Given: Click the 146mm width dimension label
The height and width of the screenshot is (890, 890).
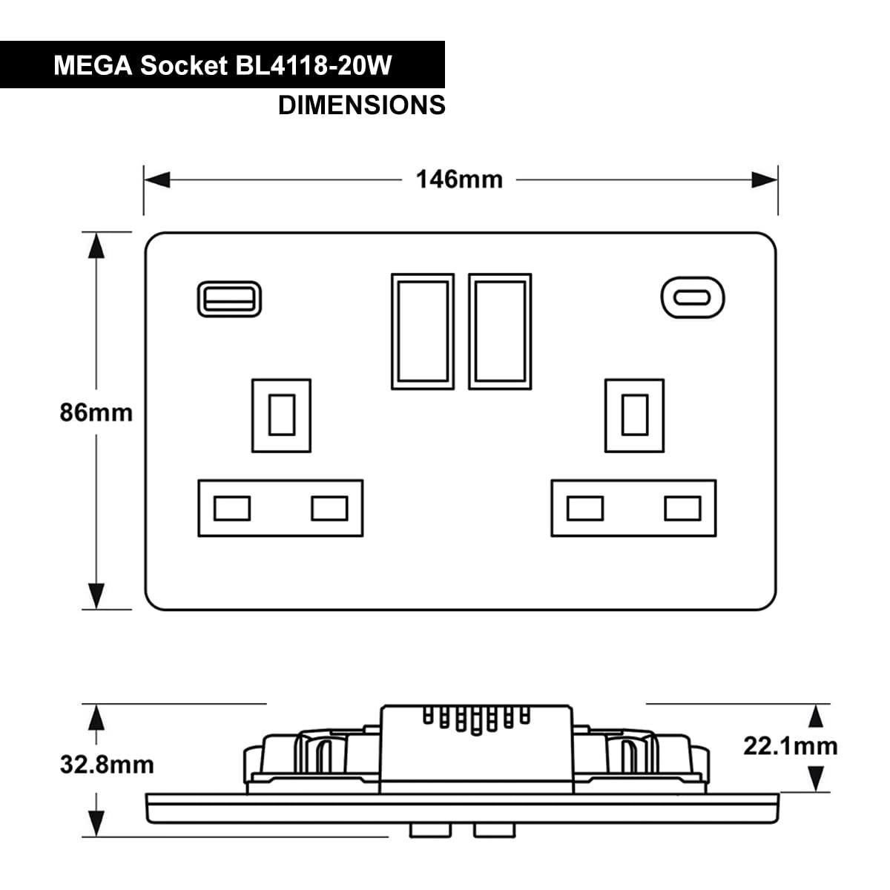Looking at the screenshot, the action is click(459, 179).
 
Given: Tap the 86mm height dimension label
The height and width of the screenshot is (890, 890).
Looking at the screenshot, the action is click(96, 412).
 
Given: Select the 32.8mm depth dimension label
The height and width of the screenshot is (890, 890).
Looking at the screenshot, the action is click(107, 765).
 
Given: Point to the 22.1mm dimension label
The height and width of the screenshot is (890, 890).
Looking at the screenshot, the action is click(790, 746).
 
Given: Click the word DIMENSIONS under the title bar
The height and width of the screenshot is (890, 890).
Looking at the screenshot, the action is click(362, 105).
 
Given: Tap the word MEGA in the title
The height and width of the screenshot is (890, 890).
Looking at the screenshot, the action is click(93, 65).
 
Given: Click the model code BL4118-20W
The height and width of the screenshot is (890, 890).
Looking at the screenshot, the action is click(314, 65).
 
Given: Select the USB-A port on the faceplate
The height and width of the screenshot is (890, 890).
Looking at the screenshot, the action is click(229, 299).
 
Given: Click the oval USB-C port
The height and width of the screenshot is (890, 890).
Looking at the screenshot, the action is click(692, 298).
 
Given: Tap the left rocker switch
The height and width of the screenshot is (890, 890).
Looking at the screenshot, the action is click(423, 332).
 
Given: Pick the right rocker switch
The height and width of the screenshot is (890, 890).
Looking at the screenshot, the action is click(500, 332).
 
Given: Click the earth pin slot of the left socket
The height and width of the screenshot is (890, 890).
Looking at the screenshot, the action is click(281, 415).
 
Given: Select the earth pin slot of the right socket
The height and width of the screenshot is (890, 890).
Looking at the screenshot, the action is click(635, 415).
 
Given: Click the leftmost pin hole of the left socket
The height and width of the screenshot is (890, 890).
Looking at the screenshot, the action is click(232, 509).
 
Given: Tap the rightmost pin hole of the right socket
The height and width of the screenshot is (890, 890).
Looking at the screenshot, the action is click(682, 509).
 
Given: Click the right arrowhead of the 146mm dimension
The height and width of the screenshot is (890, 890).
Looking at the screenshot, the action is click(765, 179).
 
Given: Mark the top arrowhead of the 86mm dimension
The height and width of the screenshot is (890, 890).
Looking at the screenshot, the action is click(96, 245).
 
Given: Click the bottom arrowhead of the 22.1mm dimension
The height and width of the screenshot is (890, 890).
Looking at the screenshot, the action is click(816, 779).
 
